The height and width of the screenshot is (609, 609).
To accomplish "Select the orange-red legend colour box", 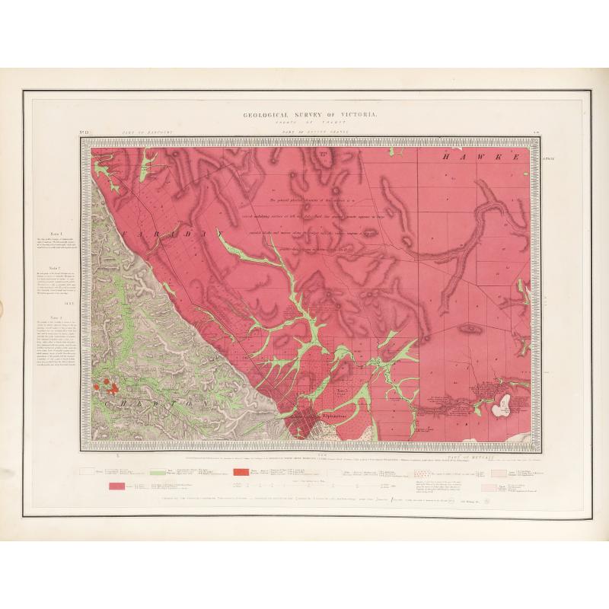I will [x=238, y=473].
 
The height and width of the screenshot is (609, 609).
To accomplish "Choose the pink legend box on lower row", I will [x=117, y=486].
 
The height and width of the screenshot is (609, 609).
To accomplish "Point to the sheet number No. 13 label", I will [x=84, y=133].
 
